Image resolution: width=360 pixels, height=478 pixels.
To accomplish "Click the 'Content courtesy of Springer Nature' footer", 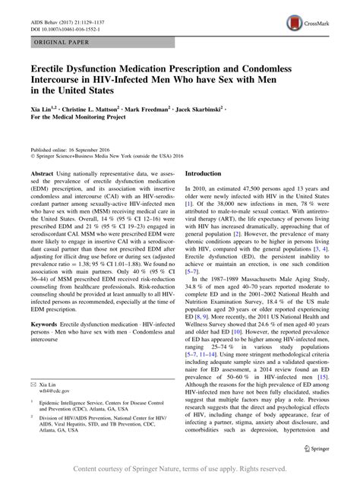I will pyautogui.click(x=180, y=470).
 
